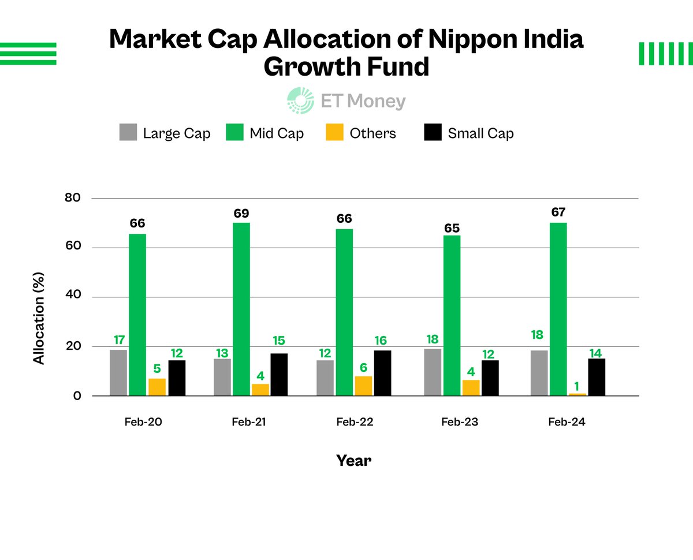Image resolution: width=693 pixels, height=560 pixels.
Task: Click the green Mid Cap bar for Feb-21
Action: (241, 309)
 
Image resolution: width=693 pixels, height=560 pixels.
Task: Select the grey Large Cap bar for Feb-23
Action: (433, 372)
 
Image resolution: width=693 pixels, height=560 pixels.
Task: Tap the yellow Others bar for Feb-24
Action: (577, 394)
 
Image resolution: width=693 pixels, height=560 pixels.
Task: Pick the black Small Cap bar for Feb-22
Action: (382, 373)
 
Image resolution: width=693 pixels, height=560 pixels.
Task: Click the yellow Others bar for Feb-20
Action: (157, 387)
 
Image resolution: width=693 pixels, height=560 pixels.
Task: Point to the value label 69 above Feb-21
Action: (241, 214)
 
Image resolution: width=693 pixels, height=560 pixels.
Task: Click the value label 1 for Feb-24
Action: (577, 385)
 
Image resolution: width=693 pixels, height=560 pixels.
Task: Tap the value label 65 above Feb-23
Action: (452, 228)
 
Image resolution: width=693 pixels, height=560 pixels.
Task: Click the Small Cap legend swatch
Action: (433, 133)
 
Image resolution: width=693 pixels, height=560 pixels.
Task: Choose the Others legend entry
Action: (372, 133)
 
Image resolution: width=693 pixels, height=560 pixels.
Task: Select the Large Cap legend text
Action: (177, 133)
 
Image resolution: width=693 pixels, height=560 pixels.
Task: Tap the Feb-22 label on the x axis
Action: (355, 422)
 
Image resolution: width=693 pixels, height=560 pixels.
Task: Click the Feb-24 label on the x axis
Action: (567, 422)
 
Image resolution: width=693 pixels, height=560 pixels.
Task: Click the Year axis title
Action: (353, 460)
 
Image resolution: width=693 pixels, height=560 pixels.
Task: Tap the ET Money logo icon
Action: (300, 100)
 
